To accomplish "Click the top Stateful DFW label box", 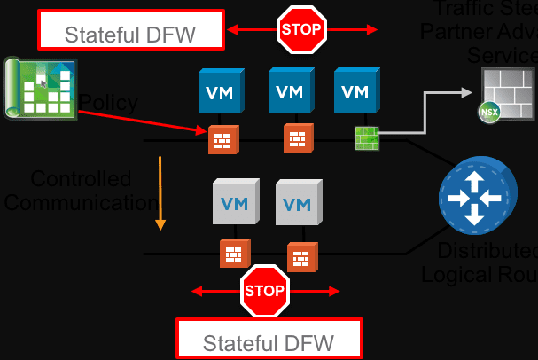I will point(130,30).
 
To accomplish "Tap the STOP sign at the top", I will point(301,29).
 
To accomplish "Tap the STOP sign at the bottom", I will point(266,290).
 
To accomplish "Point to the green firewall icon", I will point(366,139).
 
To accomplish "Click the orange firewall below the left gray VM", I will point(232,254).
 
